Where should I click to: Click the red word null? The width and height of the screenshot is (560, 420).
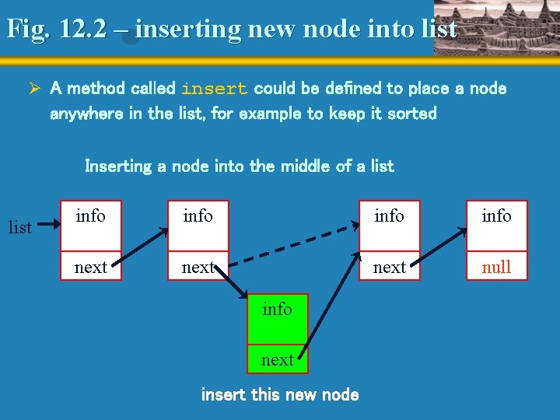point(496,267)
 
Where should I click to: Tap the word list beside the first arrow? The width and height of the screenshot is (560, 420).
point(19,227)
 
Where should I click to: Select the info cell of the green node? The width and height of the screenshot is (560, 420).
point(277,310)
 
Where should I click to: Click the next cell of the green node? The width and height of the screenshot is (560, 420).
point(277,359)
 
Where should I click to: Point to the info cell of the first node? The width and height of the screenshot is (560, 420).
point(91,215)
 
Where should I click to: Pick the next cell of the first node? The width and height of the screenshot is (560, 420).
point(91,267)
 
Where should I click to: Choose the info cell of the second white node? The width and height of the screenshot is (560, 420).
point(198,215)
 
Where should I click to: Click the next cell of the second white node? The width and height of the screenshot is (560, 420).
point(198,267)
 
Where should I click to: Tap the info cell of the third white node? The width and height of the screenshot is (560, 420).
point(389,215)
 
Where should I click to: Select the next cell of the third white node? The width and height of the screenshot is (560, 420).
point(389,267)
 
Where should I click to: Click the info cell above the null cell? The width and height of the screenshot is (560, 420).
point(496,215)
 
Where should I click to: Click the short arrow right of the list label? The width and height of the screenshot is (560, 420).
point(48,225)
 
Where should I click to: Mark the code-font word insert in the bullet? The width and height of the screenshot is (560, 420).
point(214,89)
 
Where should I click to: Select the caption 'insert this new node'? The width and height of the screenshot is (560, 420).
point(280,394)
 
